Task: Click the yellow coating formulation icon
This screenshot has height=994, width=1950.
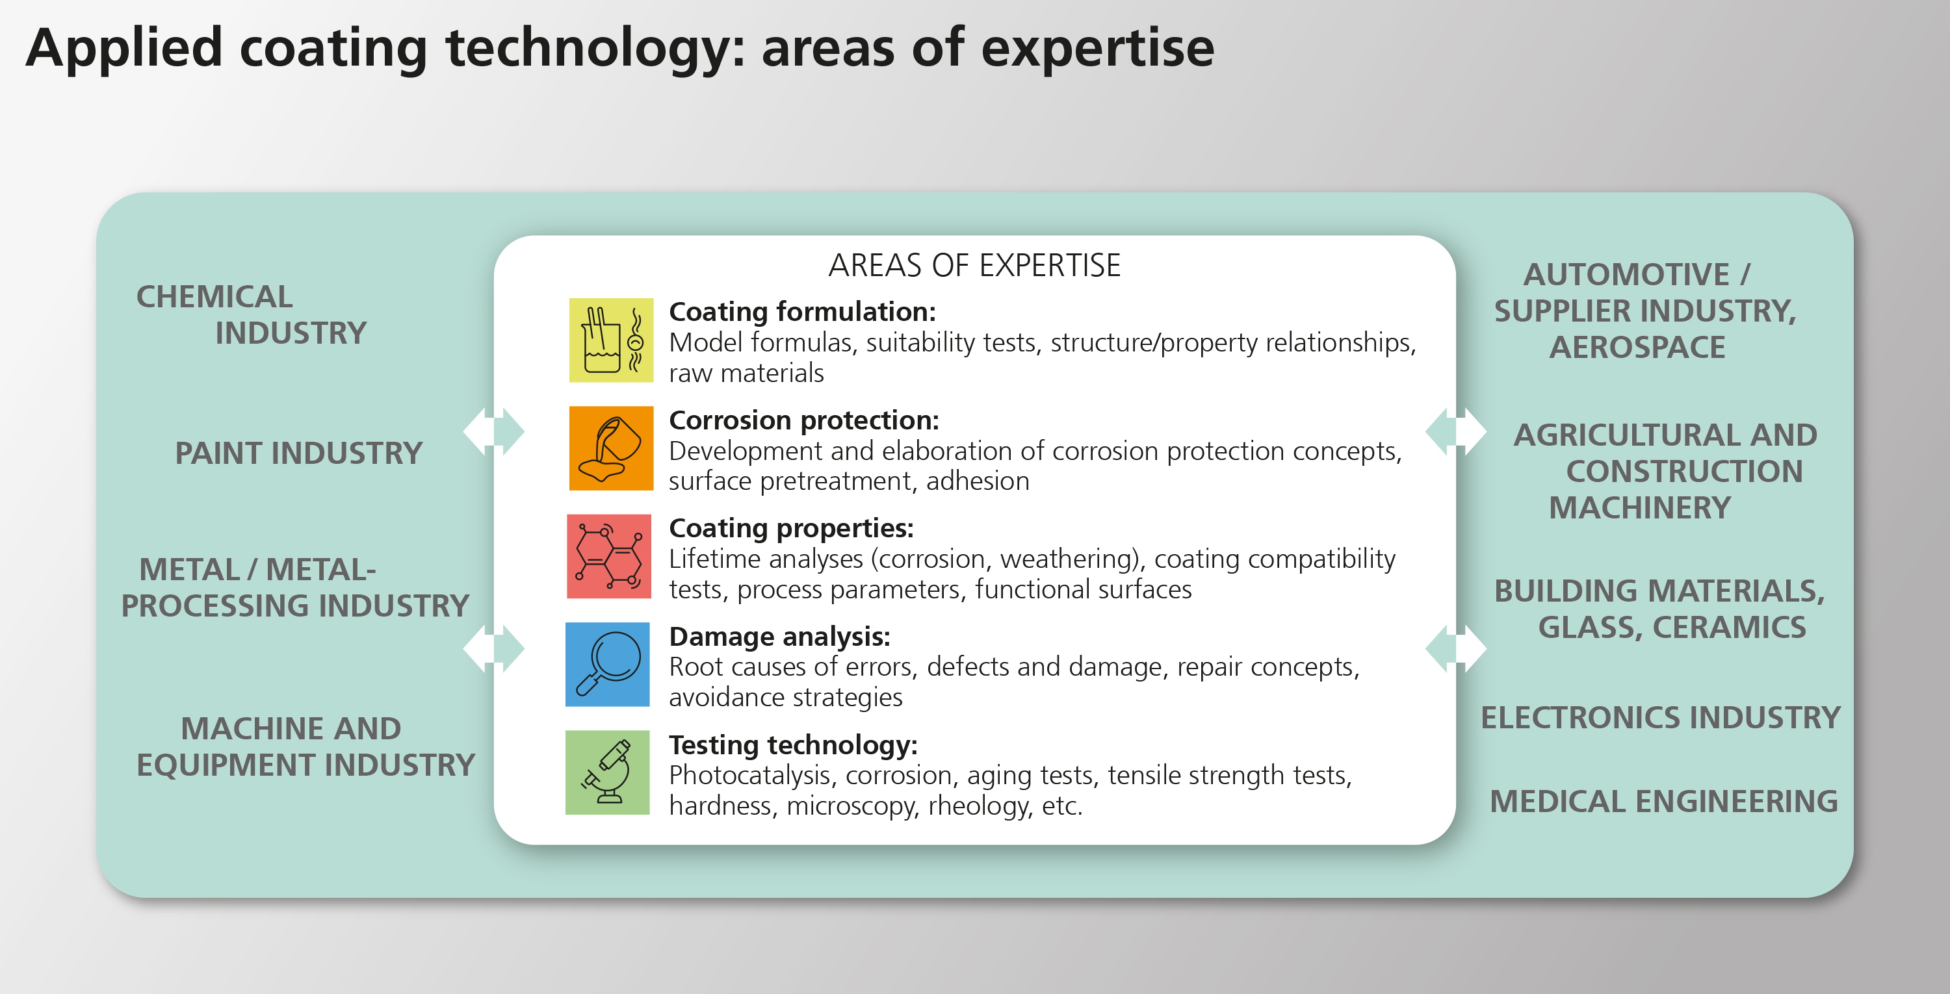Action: point(611,340)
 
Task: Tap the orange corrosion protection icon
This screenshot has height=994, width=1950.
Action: point(611,448)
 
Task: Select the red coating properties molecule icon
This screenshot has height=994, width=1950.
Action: point(608,556)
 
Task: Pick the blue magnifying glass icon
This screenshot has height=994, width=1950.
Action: point(607,664)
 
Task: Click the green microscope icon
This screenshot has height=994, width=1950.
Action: point(607,772)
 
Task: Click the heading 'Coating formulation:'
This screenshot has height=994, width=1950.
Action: point(802,312)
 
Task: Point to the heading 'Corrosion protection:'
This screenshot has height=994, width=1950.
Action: point(804,420)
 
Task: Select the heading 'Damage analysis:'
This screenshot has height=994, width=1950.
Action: point(780,637)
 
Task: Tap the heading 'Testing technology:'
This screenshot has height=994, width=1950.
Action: point(793,746)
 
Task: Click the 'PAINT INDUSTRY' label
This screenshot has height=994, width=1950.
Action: point(299,453)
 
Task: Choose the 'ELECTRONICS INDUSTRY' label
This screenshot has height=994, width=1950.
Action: point(1661,717)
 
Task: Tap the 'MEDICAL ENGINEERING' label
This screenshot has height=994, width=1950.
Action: point(1664,801)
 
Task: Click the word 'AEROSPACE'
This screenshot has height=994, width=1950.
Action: point(1637,347)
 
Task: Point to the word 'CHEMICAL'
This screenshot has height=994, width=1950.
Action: point(214,296)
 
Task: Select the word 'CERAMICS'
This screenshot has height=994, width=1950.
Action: point(1729,627)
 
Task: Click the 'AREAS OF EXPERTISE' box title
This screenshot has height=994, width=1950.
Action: point(974,266)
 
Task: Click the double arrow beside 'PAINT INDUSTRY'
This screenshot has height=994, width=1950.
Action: point(493,431)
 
